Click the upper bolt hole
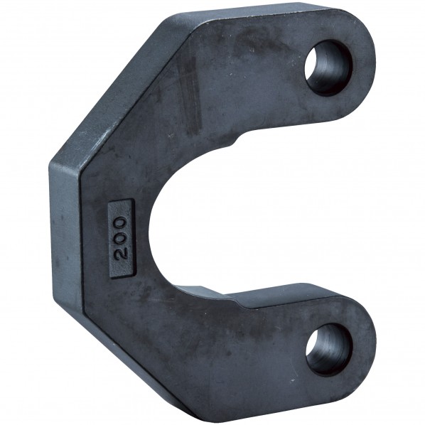point(328,68)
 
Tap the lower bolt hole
point(329,350)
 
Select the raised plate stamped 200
point(121,240)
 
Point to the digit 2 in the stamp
point(121,254)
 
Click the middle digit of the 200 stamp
point(121,239)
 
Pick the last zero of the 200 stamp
point(121,224)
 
